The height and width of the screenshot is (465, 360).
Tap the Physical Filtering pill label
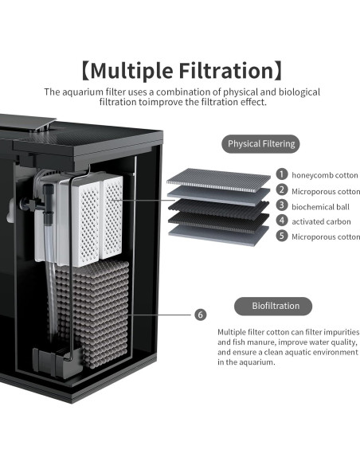click(261, 144)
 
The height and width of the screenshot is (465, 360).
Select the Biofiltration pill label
click(272, 306)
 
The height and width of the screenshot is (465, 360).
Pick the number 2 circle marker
click(282, 190)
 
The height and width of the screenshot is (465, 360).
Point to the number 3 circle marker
click(282, 205)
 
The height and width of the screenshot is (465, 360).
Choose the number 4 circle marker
click(282, 221)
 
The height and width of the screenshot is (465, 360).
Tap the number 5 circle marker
click(282, 236)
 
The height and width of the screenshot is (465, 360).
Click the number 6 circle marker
click(200, 315)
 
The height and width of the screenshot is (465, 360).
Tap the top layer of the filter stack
click(218, 179)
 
